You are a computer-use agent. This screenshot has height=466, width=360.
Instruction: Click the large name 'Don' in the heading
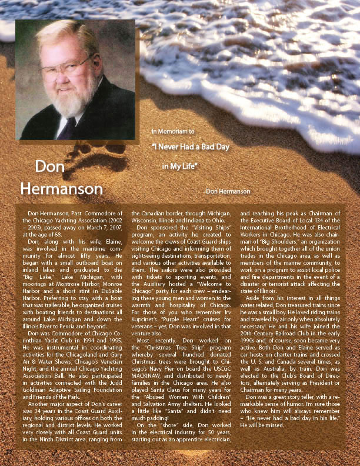pyautogui.click(x=49, y=167)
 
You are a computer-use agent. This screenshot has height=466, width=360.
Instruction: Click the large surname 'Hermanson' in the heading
pyautogui.click(x=61, y=188)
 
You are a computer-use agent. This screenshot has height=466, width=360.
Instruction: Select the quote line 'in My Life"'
pyautogui.click(x=180, y=167)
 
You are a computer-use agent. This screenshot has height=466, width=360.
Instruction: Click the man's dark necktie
pyautogui.click(x=70, y=127)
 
